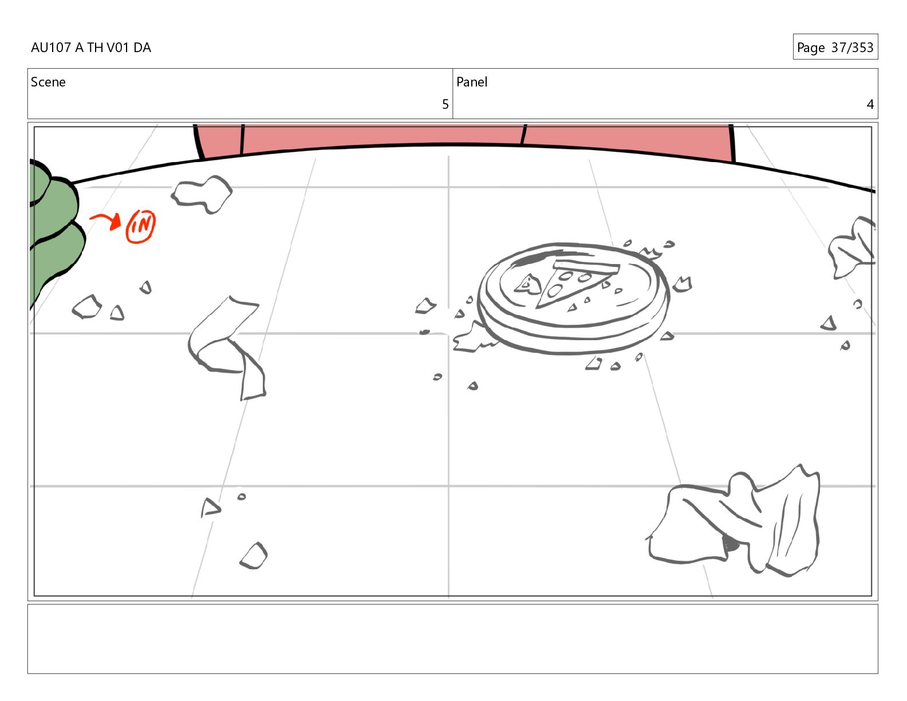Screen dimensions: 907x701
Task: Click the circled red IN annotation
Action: point(140,226)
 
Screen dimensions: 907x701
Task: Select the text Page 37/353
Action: point(835,47)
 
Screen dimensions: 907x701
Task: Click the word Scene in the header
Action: point(48,82)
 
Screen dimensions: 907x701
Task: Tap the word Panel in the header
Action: point(472,82)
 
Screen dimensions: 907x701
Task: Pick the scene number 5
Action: point(445,104)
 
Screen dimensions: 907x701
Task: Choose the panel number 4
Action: point(870,104)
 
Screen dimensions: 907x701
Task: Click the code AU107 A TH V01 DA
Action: point(91,48)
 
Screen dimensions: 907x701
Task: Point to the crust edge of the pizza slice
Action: point(586,266)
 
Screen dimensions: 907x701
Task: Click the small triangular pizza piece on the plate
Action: point(527,285)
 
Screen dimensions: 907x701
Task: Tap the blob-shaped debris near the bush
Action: point(202,194)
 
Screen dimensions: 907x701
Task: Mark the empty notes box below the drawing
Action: point(453,639)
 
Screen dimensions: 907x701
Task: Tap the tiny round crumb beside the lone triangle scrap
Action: point(241,497)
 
